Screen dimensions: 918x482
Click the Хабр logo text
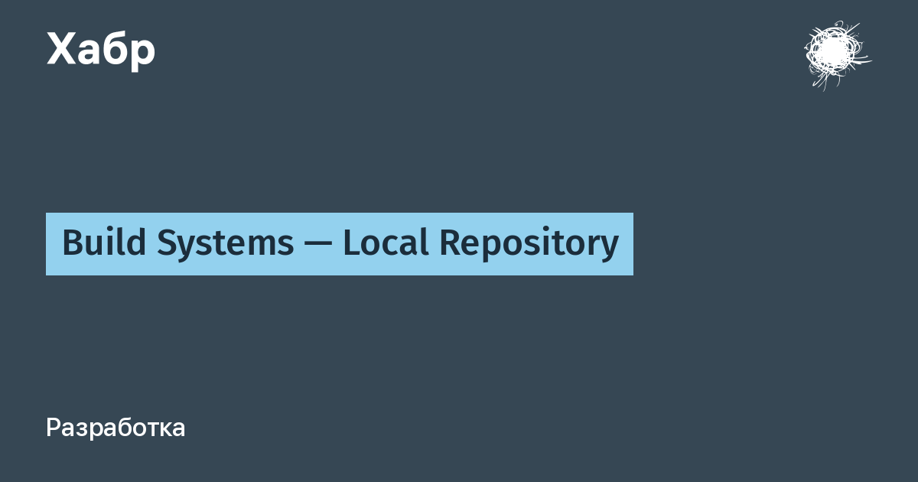pos(101,50)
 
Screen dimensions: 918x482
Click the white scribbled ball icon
pos(836,54)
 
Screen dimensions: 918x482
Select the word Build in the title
pos(104,242)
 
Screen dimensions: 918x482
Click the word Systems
pos(226,244)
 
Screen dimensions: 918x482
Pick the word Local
pos(386,242)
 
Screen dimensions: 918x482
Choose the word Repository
pos(529,244)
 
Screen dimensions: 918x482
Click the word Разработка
pos(116,428)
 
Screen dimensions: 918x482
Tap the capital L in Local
pos(353,243)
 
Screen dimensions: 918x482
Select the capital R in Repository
pos(451,243)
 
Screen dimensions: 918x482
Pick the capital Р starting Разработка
pos(54,428)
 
